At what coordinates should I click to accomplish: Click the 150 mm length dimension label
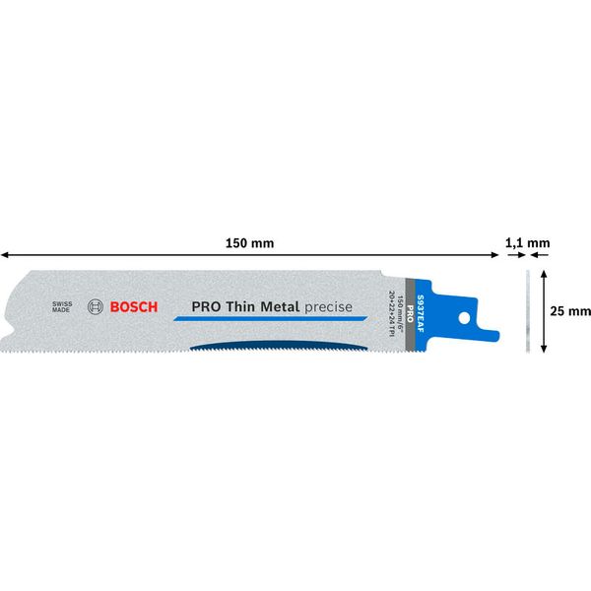coord(248,242)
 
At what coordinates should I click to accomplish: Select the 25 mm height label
coord(570,310)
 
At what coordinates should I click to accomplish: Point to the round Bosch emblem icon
coord(95,306)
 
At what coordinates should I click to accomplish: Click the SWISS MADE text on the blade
coord(61,306)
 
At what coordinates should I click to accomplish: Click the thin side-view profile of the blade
coord(528,309)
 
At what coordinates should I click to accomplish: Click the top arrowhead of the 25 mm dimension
coord(545,273)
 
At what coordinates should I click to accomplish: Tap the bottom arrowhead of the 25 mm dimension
coord(545,347)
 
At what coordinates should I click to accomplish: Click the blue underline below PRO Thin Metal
coord(265,318)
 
